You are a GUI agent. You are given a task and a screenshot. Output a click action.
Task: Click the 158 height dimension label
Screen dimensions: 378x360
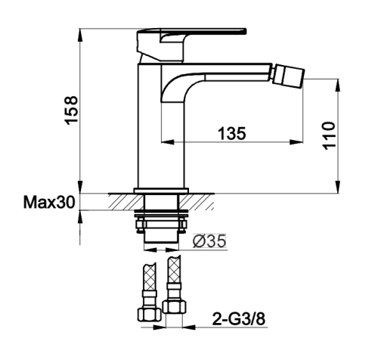pyautogui.click(x=71, y=110)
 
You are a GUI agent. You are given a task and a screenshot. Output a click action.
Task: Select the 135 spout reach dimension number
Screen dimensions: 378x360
pyautogui.click(x=231, y=133)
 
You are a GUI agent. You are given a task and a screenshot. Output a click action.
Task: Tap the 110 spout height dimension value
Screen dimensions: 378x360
pyautogui.click(x=330, y=135)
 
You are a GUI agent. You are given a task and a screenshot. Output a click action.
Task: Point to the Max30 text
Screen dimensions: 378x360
pyautogui.click(x=49, y=202)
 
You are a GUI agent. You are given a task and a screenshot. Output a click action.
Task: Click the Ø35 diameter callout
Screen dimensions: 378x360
pyautogui.click(x=209, y=241)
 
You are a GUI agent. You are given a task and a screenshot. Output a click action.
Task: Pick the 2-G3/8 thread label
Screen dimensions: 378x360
pyautogui.click(x=239, y=319)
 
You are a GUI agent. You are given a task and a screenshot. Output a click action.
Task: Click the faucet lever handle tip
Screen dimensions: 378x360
pyautogui.click(x=244, y=31)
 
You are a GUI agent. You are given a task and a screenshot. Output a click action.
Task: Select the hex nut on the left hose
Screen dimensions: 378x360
pyautogui.click(x=150, y=315)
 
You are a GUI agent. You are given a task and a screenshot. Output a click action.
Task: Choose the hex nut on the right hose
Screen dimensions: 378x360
pyautogui.click(x=174, y=306)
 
